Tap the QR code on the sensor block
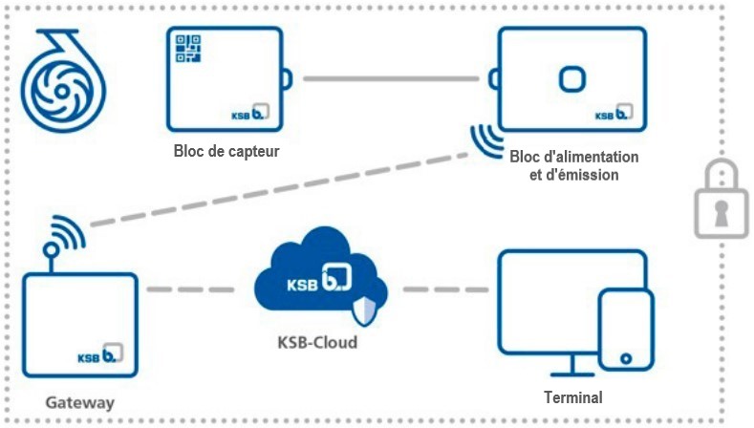pos(187,47)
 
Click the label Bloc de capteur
pos(226,150)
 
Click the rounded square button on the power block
pos(571,78)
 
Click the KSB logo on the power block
pos(617,115)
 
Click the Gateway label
pos(80,402)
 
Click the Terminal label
pos(571,396)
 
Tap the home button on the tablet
pos(626,359)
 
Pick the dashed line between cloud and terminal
pos(445,288)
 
